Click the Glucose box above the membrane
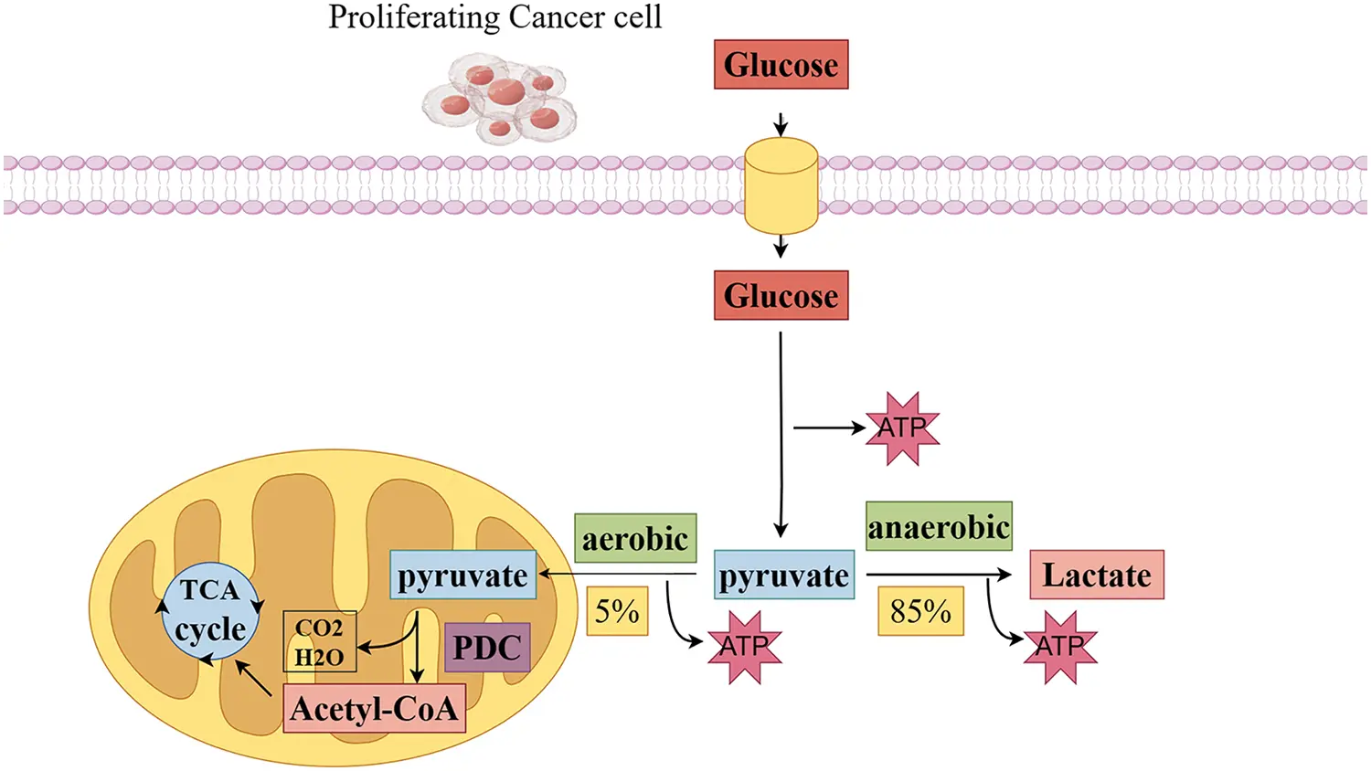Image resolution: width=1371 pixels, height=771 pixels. pyautogui.click(x=781, y=65)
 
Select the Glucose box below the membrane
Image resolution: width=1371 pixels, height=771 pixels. pyautogui.click(x=781, y=296)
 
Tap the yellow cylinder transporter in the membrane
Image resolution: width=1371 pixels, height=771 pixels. pyautogui.click(x=781, y=185)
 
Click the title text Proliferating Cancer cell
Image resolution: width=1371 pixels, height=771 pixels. pyautogui.click(x=494, y=17)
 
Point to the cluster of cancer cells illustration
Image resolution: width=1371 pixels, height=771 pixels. pyautogui.click(x=500, y=99)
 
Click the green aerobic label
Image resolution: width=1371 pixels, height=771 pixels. pyautogui.click(x=635, y=538)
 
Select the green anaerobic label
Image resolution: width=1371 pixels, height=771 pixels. pyautogui.click(x=939, y=526)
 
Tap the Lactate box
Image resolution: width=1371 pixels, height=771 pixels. pyautogui.click(x=1096, y=575)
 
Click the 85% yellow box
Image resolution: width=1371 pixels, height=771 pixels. pyautogui.click(x=920, y=611)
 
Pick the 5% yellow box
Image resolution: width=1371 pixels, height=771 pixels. pyautogui.click(x=617, y=611)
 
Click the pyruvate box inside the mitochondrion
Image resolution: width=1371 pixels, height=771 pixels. pyautogui.click(x=462, y=576)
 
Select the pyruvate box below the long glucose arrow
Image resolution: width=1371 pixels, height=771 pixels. pyautogui.click(x=783, y=576)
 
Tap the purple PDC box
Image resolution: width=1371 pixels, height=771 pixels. pyautogui.click(x=487, y=648)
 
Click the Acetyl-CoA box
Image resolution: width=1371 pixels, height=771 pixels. pyautogui.click(x=374, y=708)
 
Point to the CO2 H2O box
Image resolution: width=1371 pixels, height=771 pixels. pyautogui.click(x=319, y=641)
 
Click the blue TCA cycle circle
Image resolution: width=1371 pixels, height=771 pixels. pyautogui.click(x=211, y=610)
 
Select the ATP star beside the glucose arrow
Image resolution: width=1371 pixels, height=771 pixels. pyautogui.click(x=902, y=428)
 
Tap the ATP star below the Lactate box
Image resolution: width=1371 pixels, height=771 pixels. pyautogui.click(x=1059, y=647)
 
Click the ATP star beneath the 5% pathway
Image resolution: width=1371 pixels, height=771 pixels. pyautogui.click(x=744, y=647)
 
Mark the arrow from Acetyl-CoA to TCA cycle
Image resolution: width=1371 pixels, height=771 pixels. pyautogui.click(x=253, y=678)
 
